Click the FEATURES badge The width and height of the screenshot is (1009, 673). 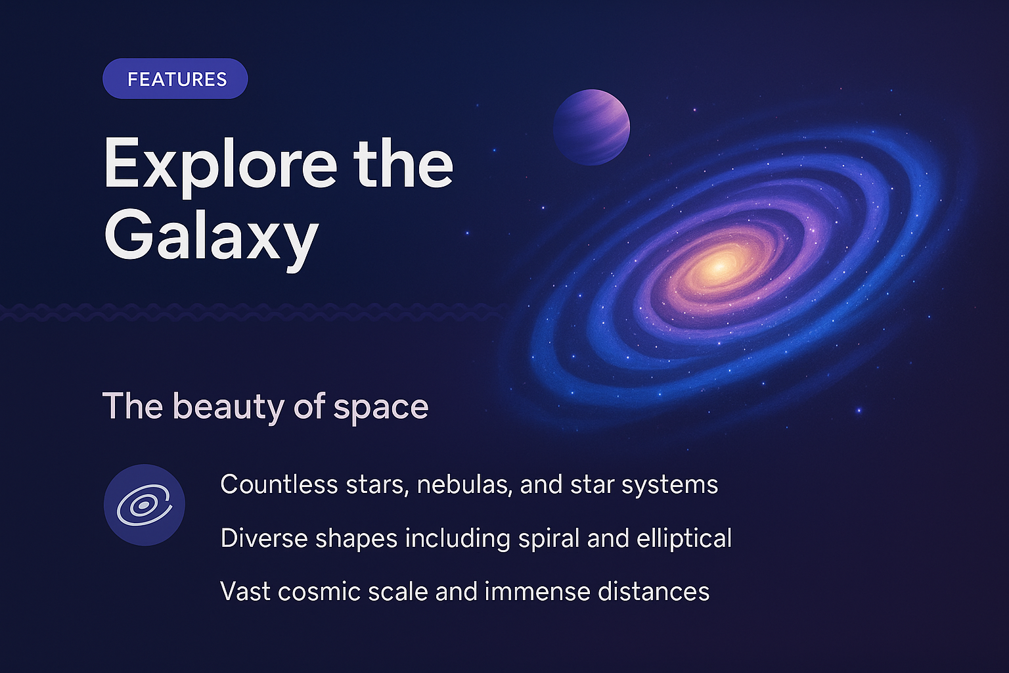tap(175, 79)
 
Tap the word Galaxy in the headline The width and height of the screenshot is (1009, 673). tap(211, 237)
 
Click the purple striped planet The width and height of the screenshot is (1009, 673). tap(591, 127)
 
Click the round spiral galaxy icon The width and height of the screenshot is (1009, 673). tap(145, 505)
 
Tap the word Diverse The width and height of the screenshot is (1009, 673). tap(263, 538)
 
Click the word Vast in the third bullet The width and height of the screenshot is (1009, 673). tap(245, 592)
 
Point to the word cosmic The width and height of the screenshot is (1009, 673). tap(319, 592)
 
